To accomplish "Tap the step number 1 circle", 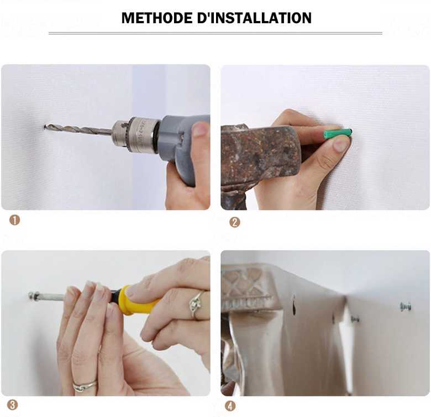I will pyautogui.click(x=14, y=220).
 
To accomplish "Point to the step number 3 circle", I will pyautogui.click(x=12, y=404).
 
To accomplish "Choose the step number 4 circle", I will pyautogui.click(x=230, y=406).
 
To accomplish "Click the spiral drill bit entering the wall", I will pyautogui.click(x=77, y=129).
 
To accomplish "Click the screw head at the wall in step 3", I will pyautogui.click(x=33, y=295).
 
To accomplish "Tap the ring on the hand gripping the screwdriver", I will pyautogui.click(x=196, y=304).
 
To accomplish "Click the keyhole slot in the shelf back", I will pyautogui.click(x=293, y=305).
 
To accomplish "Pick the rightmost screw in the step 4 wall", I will pyautogui.click(x=405, y=306).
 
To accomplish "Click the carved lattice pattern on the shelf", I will pyautogui.click(x=243, y=283).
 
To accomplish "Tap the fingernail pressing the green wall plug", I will pyautogui.click(x=340, y=144).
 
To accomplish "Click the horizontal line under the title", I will pyautogui.click(x=215, y=33).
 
